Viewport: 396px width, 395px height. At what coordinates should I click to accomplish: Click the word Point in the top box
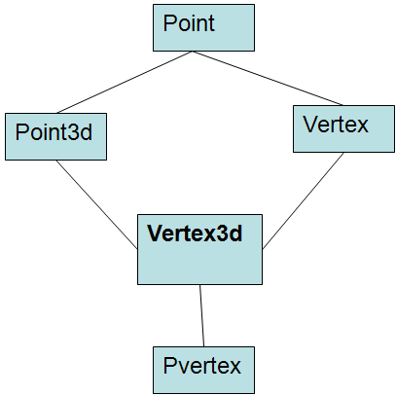click(x=189, y=23)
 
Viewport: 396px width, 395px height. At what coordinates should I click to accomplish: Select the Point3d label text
click(x=54, y=132)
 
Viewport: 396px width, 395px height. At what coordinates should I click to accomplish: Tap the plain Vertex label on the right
click(x=336, y=125)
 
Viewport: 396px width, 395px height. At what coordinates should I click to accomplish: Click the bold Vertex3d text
click(x=195, y=233)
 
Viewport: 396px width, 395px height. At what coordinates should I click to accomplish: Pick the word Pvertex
click(x=201, y=366)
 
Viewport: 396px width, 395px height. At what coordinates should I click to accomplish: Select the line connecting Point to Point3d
click(x=125, y=82)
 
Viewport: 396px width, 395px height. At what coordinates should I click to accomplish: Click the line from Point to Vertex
click(x=268, y=78)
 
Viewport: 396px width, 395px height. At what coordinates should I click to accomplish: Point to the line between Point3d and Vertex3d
click(x=96, y=204)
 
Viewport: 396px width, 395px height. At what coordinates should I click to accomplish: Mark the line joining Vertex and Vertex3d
click(x=303, y=200)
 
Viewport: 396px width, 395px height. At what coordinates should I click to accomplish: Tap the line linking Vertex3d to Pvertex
click(x=201, y=315)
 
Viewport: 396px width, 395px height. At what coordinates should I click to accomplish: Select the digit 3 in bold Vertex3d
click(x=222, y=233)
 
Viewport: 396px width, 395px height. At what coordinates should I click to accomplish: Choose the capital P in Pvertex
click(x=169, y=366)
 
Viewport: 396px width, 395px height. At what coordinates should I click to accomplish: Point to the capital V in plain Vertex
click(x=309, y=125)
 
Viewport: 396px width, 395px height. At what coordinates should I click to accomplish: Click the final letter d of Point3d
click(x=87, y=132)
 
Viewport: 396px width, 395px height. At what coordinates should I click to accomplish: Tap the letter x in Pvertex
click(x=234, y=368)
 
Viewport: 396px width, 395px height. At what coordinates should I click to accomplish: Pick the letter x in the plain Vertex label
click(x=362, y=126)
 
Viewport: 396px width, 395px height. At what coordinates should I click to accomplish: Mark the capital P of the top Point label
click(x=169, y=23)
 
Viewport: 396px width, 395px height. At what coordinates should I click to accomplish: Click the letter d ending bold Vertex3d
click(x=235, y=233)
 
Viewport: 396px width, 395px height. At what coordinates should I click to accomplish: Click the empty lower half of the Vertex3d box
click(x=199, y=266)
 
